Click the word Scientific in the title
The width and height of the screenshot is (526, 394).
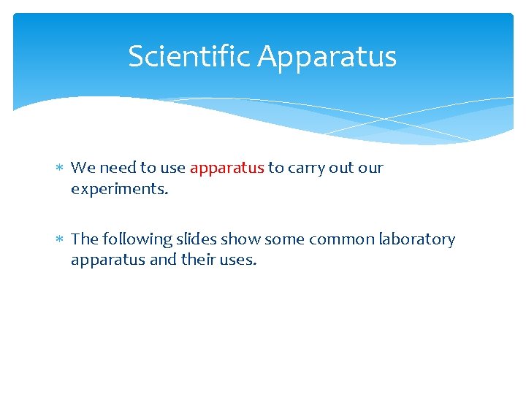tap(190, 56)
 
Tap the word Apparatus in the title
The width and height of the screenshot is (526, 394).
tap(327, 56)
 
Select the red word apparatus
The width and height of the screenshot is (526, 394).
tap(226, 168)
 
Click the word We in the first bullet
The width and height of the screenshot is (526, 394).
tap(83, 168)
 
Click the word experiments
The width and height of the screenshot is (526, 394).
tap(119, 189)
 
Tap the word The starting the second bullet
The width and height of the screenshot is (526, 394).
tap(84, 239)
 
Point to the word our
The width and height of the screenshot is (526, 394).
tap(371, 168)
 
